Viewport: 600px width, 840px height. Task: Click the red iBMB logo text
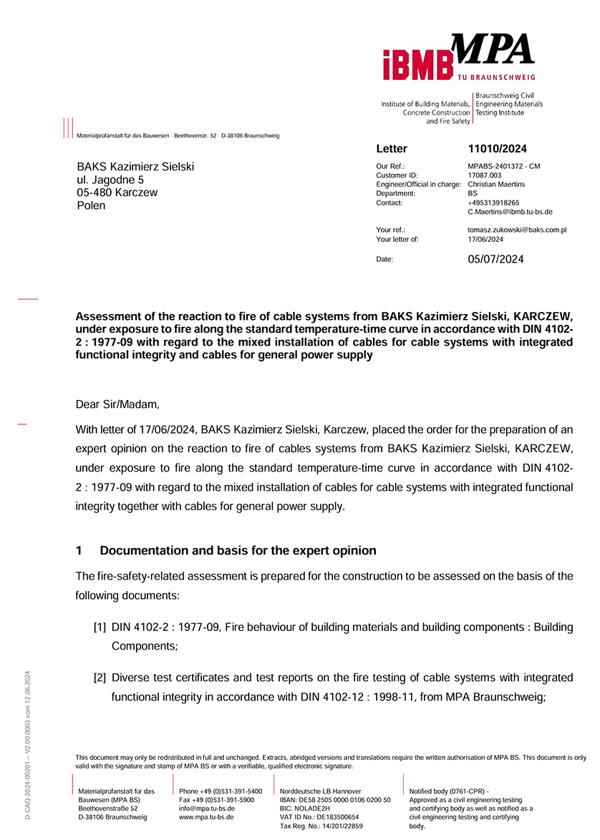(x=417, y=63)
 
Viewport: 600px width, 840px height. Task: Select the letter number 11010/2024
(x=497, y=149)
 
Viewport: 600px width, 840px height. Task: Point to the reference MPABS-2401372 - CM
(x=503, y=166)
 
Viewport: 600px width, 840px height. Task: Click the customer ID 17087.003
(x=485, y=175)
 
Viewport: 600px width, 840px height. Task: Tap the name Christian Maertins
(x=496, y=185)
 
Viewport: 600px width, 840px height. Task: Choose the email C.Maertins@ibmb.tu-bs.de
(x=510, y=212)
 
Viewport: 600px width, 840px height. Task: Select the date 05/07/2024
(x=495, y=259)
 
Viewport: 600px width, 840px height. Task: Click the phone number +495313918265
(x=493, y=202)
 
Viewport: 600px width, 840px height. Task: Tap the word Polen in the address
(x=91, y=206)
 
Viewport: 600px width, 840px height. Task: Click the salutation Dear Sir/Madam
(x=118, y=405)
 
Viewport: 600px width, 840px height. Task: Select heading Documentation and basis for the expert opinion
(x=238, y=551)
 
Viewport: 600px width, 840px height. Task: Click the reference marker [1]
(x=100, y=627)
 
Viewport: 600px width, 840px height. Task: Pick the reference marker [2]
(x=100, y=677)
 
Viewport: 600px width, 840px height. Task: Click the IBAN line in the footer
(x=335, y=799)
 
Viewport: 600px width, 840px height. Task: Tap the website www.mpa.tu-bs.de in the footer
(x=207, y=816)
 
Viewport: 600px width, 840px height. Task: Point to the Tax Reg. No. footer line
(x=321, y=826)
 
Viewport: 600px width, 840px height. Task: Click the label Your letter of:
(x=397, y=240)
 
